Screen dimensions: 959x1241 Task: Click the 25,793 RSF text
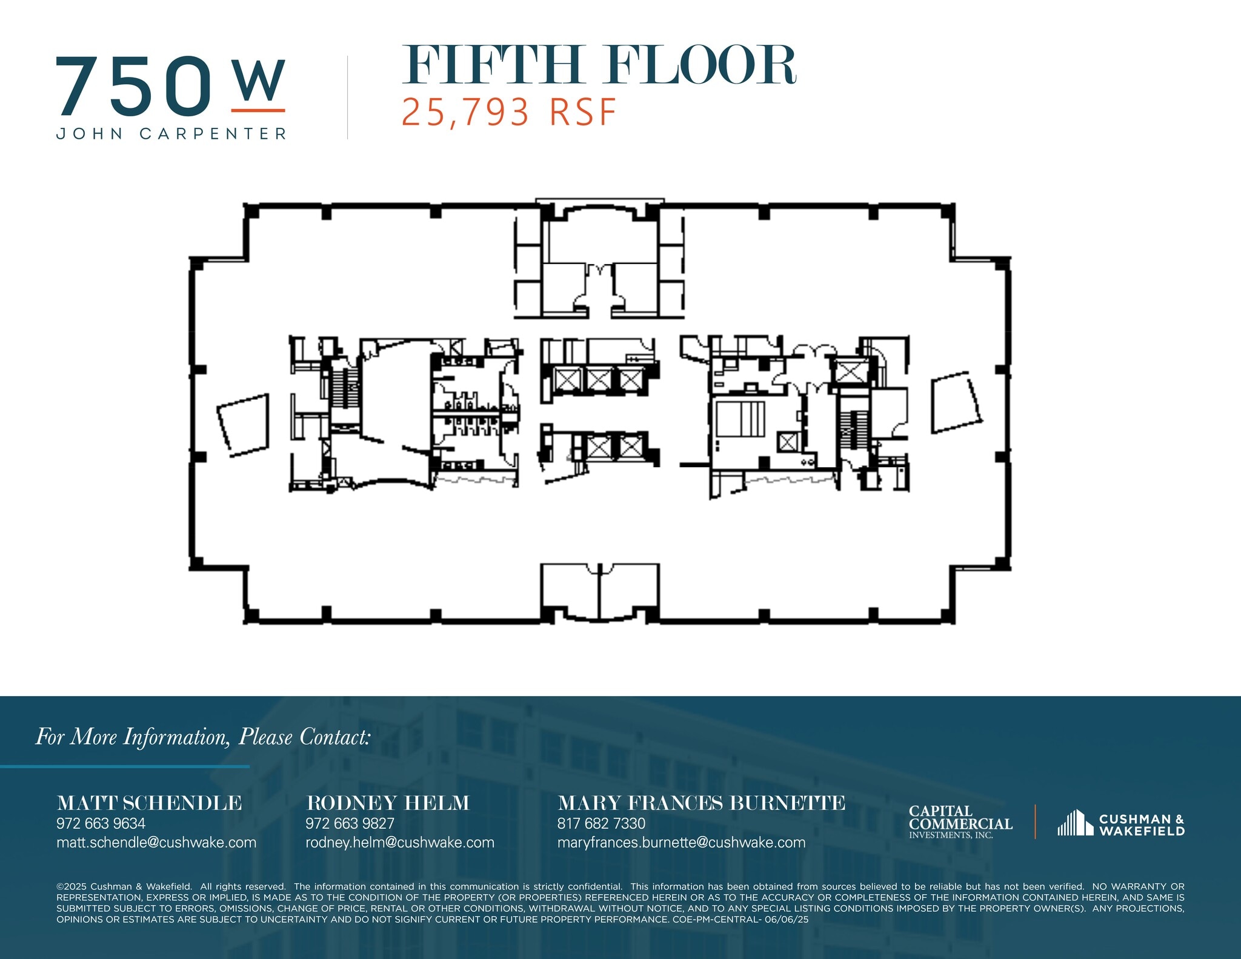(x=509, y=113)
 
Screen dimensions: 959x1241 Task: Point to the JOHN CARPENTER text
(x=171, y=134)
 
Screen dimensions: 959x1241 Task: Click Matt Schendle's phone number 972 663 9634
(x=101, y=823)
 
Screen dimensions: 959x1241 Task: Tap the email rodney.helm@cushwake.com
(x=399, y=842)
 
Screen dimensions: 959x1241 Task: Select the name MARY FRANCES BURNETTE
(x=700, y=803)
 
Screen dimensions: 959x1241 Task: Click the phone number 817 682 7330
(x=601, y=823)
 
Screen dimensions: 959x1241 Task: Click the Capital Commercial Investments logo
(x=960, y=822)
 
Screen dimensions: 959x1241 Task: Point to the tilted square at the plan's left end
(x=244, y=425)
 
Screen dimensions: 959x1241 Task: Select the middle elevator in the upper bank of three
(x=599, y=380)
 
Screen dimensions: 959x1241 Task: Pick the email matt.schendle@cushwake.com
(x=156, y=842)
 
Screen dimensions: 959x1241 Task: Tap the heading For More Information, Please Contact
(x=202, y=737)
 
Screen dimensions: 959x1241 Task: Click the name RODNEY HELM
(x=388, y=803)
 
